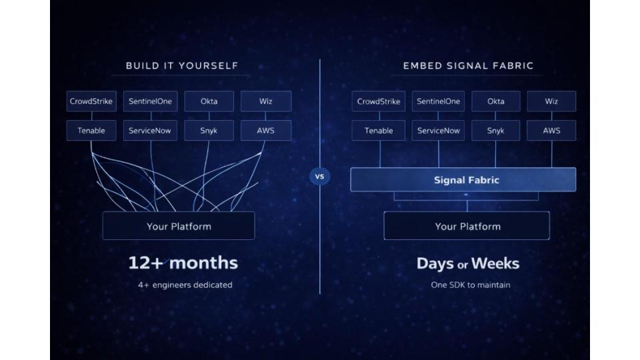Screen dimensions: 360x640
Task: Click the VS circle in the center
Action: click(x=319, y=177)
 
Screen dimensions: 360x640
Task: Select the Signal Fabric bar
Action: click(x=466, y=180)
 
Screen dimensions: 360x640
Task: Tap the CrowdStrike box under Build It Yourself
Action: click(x=91, y=102)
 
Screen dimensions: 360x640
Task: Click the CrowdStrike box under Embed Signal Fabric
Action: click(x=379, y=102)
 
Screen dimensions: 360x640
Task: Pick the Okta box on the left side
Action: click(x=209, y=102)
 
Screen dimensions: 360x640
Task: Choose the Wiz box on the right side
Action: click(x=551, y=102)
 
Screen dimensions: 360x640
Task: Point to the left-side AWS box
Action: click(x=265, y=131)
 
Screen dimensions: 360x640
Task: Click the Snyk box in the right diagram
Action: click(x=495, y=131)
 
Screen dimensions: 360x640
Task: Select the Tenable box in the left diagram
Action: click(x=91, y=131)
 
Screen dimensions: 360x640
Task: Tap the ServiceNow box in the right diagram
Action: click(x=439, y=131)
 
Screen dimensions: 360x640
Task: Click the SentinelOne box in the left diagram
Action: click(x=151, y=102)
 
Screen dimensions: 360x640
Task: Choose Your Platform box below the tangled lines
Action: click(x=179, y=226)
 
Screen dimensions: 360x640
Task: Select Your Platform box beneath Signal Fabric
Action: click(x=467, y=226)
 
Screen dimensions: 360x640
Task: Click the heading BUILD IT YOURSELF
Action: click(x=182, y=66)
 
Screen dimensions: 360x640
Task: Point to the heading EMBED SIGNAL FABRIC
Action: click(x=468, y=66)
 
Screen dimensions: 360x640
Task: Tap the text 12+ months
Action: click(x=183, y=263)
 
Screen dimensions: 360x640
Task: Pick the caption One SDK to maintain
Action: click(x=470, y=285)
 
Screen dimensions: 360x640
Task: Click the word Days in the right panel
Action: click(x=435, y=263)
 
